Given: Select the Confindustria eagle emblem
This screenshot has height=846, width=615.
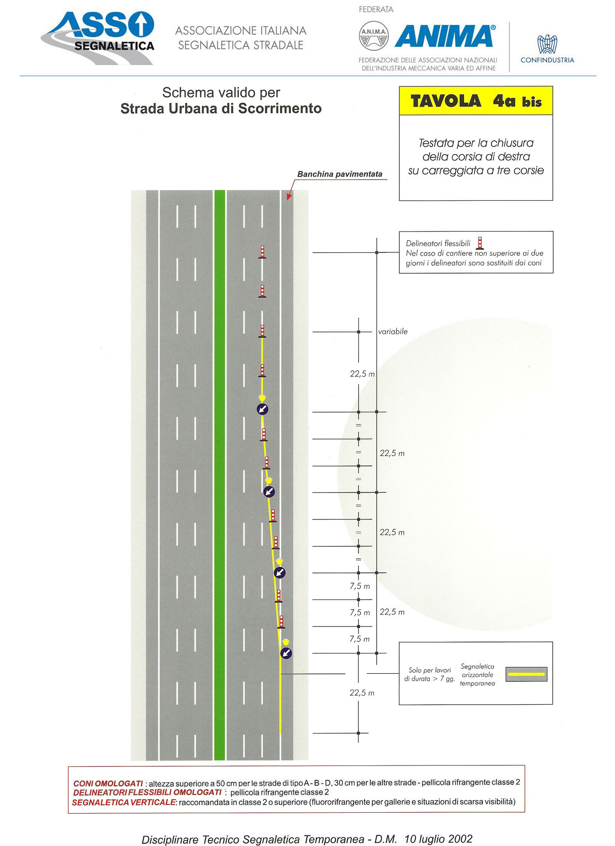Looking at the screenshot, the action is point(547,44).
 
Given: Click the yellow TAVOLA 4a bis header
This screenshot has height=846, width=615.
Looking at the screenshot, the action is point(476,101).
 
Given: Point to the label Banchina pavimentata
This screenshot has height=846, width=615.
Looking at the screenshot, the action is point(340,174).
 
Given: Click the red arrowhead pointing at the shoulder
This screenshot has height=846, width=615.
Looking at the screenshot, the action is point(288,196).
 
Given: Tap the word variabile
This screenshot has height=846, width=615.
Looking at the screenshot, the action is point(393,331).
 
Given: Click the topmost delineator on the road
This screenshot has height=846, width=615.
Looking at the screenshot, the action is point(262,252).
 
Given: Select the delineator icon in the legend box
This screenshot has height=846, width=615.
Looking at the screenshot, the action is point(479,243).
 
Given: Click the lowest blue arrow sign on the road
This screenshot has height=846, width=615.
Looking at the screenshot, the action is point(286,653).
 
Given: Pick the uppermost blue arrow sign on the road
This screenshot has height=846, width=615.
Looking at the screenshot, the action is point(262,409).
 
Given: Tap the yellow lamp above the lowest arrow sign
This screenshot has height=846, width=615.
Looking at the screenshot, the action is point(286,642).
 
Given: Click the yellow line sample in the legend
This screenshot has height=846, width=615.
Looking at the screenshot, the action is point(526,674).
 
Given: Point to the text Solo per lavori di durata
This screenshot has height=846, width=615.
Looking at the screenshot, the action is point(429,674).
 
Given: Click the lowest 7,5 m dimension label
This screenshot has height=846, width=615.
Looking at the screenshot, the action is point(360,639).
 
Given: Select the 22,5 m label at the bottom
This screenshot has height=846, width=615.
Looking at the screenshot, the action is point(362,693).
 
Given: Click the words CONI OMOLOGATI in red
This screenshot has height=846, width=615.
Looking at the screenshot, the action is point(108,783).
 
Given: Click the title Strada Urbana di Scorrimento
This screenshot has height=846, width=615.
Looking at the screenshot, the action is point(221,109).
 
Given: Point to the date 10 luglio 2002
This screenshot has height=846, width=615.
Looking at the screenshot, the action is point(438,839).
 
